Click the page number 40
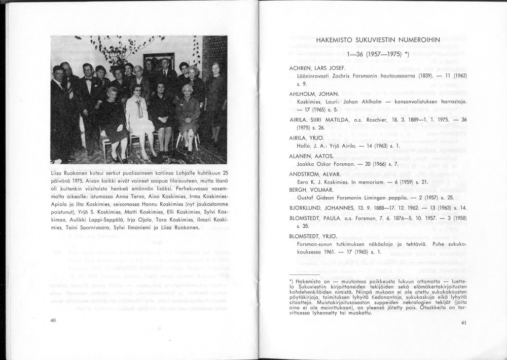coord(53,320)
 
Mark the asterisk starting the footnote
coord(290,281)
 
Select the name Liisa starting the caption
coord(58,173)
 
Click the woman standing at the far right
coord(215,101)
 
